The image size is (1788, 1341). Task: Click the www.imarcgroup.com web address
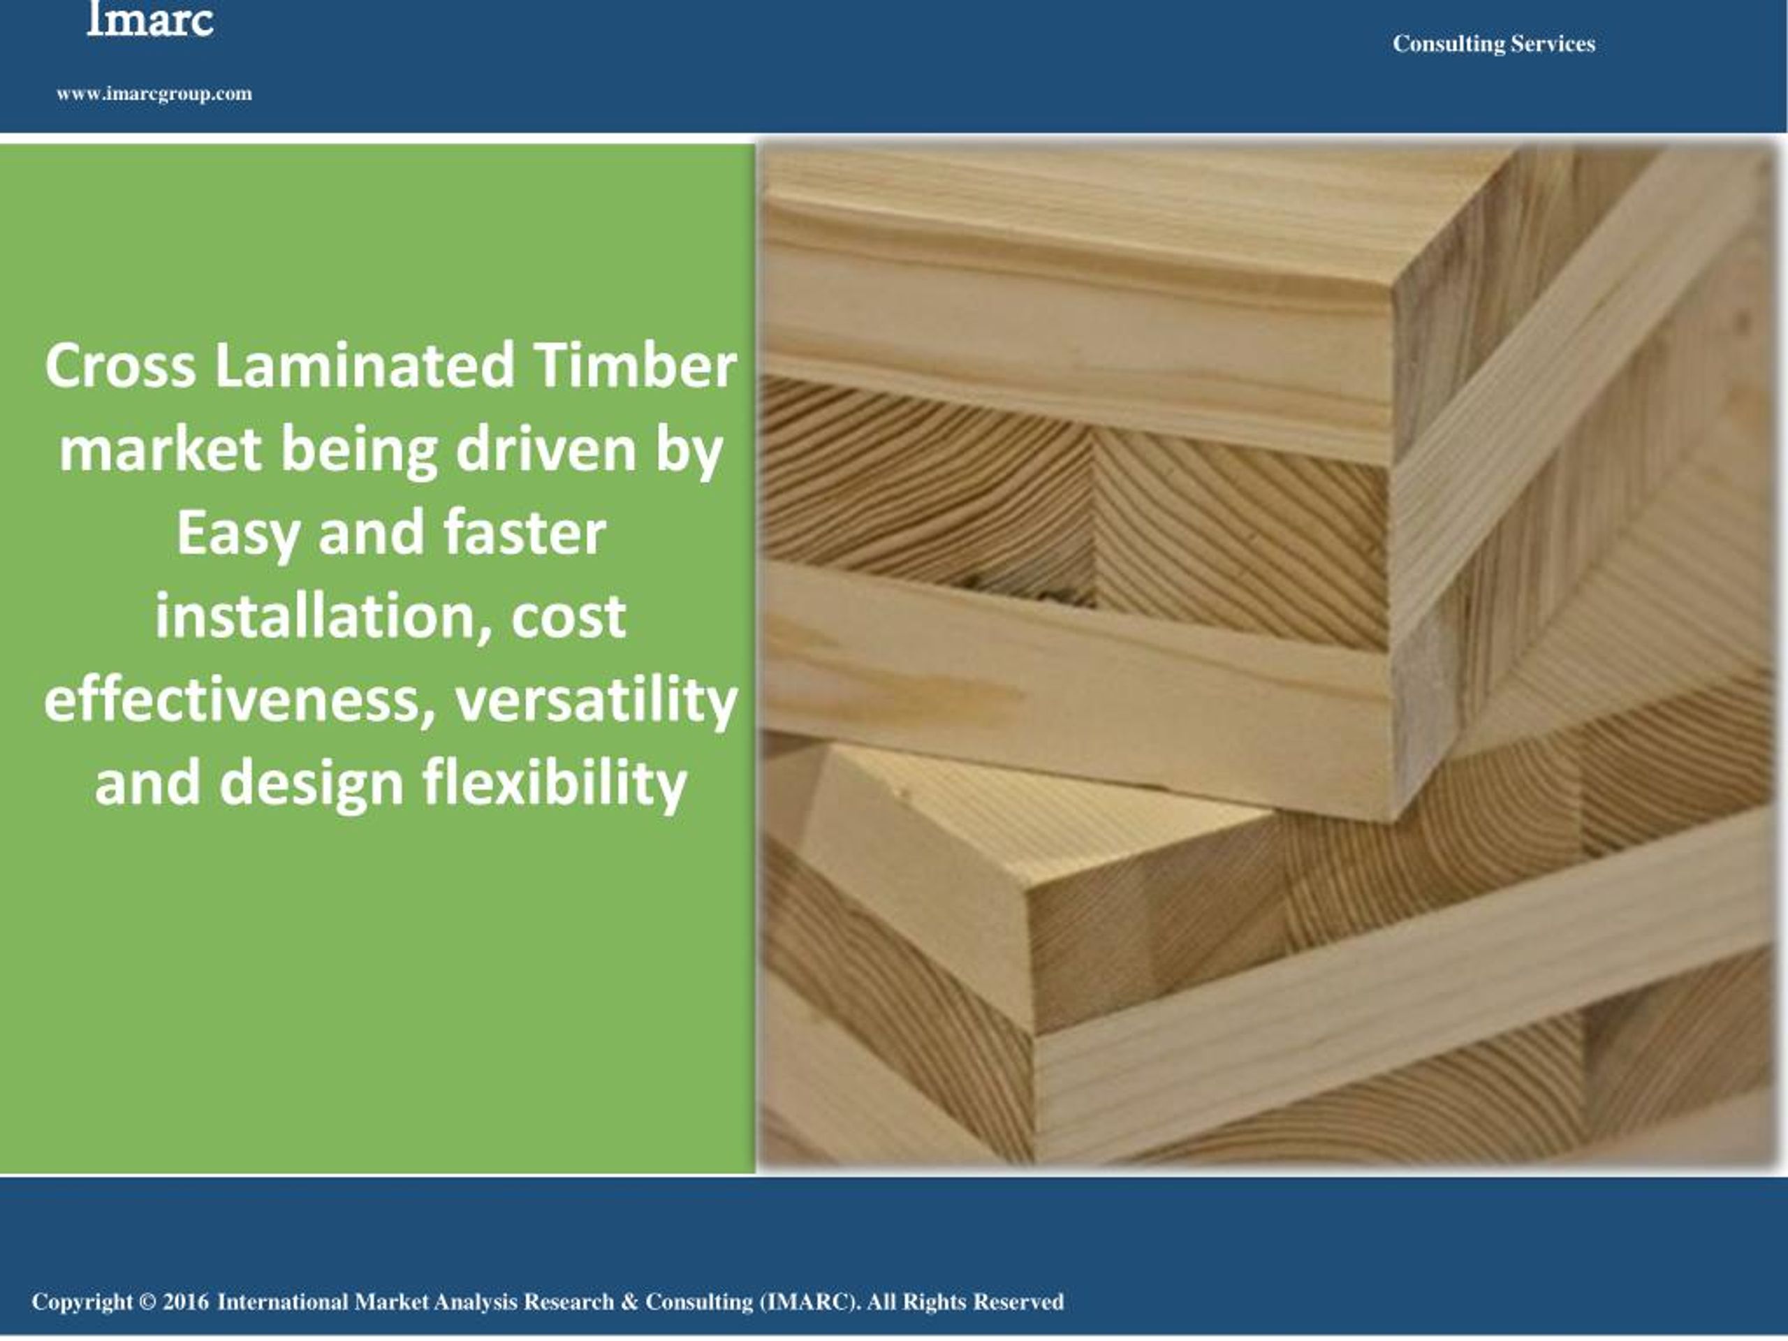pyautogui.click(x=154, y=94)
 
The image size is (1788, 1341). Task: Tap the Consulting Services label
pyautogui.click(x=1493, y=43)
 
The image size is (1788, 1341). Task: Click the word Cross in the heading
pyautogui.click(x=120, y=365)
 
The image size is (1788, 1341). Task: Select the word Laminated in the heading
pyautogui.click(x=365, y=365)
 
